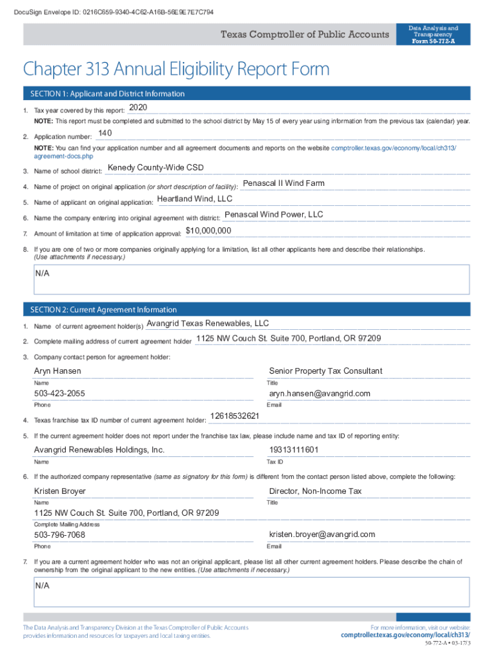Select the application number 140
click(105, 133)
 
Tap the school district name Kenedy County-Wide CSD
click(156, 168)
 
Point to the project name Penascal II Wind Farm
click(283, 183)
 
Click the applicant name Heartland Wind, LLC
click(195, 199)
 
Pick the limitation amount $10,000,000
click(208, 230)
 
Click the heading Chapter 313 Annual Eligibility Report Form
click(176, 68)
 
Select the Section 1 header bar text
click(107, 94)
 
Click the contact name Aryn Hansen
click(57, 371)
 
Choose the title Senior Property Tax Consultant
click(325, 371)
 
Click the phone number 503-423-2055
click(59, 394)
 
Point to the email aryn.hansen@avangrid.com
click(319, 394)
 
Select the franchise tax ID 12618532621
click(235, 416)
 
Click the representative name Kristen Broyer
click(59, 491)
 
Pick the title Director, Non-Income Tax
click(315, 491)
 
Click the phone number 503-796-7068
click(59, 535)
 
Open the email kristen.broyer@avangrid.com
click(321, 534)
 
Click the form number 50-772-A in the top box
click(433, 42)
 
